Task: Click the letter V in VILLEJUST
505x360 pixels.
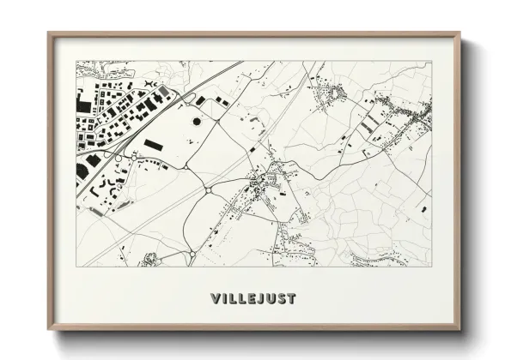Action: (215, 299)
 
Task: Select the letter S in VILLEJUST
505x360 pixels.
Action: (281, 299)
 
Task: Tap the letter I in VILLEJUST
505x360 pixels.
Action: (223, 299)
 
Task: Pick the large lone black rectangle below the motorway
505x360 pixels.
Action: (153, 145)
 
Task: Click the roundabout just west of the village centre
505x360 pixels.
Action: (209, 189)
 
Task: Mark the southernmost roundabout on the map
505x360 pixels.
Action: (191, 255)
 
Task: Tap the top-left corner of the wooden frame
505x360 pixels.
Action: (49, 33)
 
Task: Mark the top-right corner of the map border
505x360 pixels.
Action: (431, 61)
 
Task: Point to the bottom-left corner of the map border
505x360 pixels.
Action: (76, 266)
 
